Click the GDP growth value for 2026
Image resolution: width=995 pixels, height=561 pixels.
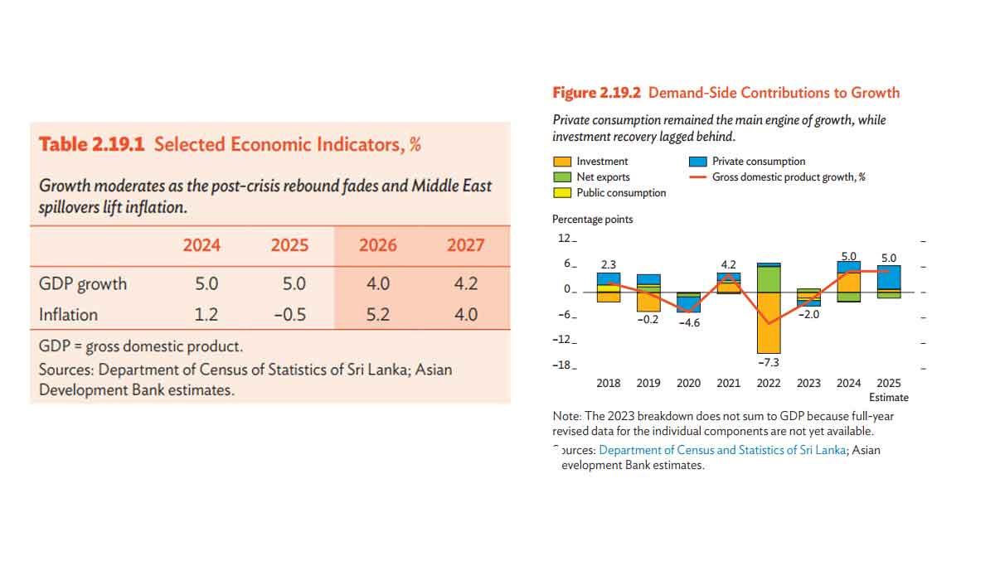pos(378,283)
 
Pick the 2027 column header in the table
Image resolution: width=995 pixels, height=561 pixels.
pos(465,245)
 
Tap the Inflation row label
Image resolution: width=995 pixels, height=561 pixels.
pos(68,315)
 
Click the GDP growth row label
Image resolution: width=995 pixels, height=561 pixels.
pos(83,283)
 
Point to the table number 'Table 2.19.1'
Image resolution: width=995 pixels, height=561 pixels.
pos(92,144)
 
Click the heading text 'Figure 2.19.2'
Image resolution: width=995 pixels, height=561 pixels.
pos(597,93)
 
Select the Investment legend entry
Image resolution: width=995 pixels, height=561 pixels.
pos(602,162)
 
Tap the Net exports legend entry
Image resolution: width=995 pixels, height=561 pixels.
pos(603,177)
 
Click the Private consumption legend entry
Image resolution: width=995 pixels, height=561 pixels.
pos(758,162)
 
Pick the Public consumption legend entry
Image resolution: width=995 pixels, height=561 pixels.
pos(621,193)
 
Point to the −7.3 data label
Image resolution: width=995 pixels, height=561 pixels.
pos(769,363)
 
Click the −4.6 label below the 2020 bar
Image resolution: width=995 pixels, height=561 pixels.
pos(689,322)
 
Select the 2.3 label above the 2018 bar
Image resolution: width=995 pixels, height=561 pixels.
pos(609,265)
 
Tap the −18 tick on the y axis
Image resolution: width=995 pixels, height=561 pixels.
pos(565,365)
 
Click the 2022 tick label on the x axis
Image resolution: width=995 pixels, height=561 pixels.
pos(769,383)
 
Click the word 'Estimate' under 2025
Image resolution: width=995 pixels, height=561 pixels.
pos(889,398)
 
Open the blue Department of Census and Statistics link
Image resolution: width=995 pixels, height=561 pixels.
pos(722,450)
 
